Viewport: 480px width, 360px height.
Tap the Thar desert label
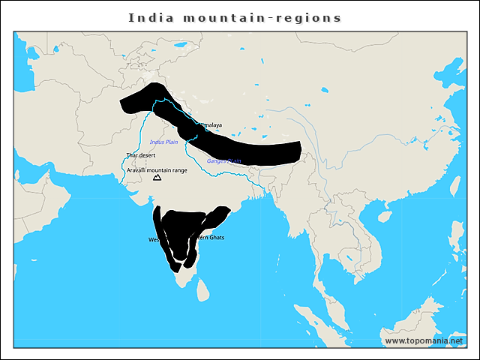pyautogui.click(x=140, y=155)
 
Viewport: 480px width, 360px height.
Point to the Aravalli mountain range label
pyautogui.click(x=157, y=170)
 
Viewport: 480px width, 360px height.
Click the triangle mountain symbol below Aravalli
pyautogui.click(x=157, y=178)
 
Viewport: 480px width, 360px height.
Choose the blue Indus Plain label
pyautogui.click(x=163, y=142)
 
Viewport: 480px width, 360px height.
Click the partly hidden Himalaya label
pyautogui.click(x=211, y=124)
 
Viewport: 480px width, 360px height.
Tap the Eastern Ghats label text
pyautogui.click(x=210, y=238)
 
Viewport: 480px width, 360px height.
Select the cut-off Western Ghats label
pyautogui.click(x=154, y=240)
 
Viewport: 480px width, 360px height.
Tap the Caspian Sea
pyautogui.click(x=34, y=60)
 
